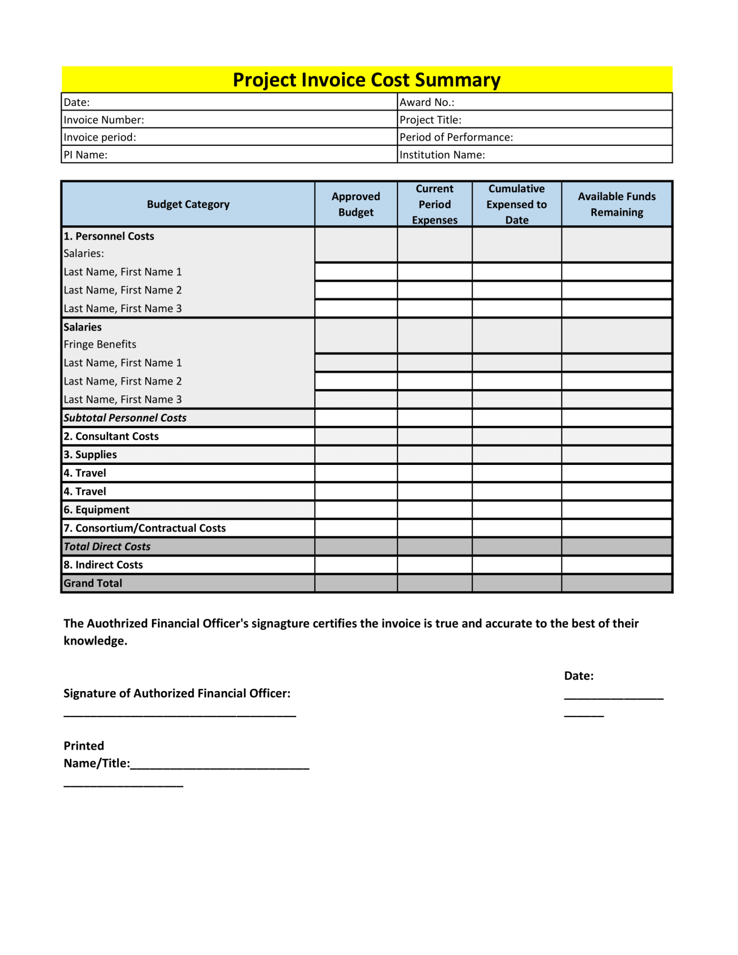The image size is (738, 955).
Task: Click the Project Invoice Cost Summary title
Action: tap(366, 80)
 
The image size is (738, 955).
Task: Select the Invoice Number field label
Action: tap(103, 120)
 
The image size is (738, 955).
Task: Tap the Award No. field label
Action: tap(427, 103)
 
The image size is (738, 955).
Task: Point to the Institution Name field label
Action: tap(442, 155)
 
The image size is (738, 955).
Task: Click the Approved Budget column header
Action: tap(356, 204)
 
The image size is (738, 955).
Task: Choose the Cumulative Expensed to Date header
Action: tap(516, 204)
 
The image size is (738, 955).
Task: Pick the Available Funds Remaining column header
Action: tap(616, 204)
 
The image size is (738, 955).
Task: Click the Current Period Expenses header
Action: tap(434, 204)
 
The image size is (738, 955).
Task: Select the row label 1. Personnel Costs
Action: tap(109, 236)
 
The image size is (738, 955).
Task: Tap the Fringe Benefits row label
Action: tap(100, 345)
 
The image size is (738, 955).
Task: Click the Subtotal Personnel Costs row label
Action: tap(125, 418)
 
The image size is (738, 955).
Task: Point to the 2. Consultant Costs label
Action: tap(111, 436)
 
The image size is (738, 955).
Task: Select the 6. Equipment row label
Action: tap(97, 510)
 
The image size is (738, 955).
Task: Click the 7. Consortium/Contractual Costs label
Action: tap(145, 528)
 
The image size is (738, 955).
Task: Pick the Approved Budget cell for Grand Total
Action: tap(356, 583)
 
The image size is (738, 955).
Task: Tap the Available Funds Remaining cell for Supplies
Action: tap(616, 455)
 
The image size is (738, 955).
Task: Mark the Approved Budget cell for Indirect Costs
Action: tap(356, 565)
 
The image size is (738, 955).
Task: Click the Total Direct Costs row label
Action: tap(107, 547)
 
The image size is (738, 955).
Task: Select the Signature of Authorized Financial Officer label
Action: tap(177, 693)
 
